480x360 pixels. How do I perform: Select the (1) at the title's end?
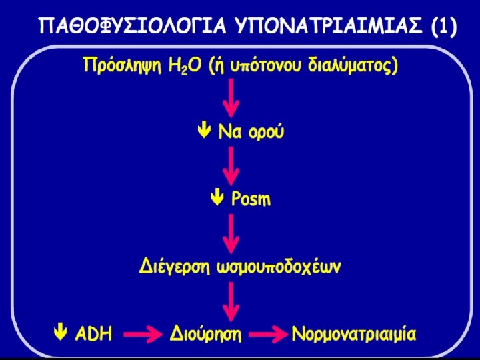click(x=443, y=28)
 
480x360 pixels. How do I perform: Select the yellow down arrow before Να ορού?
click(x=207, y=131)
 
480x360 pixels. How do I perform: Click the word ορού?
click(x=265, y=132)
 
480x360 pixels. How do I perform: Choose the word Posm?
click(x=251, y=199)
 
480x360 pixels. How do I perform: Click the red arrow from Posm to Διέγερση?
click(x=231, y=233)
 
